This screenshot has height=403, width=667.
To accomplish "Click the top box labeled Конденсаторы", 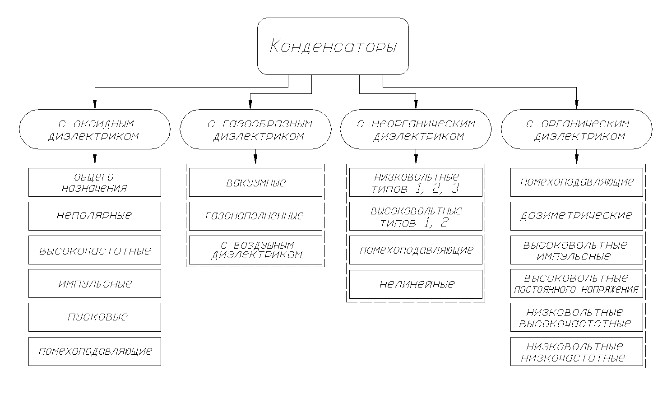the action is [x=333, y=46].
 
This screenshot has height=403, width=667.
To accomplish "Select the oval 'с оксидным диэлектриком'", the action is [x=95, y=129].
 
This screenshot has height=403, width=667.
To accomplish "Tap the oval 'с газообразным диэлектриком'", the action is [x=255, y=129].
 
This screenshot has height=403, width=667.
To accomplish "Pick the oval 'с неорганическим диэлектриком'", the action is [x=416, y=129].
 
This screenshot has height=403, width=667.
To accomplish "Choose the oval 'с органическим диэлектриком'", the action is [x=577, y=129].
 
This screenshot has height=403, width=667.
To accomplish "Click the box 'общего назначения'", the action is [x=95, y=182].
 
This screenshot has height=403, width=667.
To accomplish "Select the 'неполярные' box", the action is [x=95, y=216].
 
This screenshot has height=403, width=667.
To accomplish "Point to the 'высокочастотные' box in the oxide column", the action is [x=95, y=250].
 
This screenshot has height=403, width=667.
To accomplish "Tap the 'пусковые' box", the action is [x=95, y=317].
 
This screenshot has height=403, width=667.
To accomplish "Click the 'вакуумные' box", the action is [x=255, y=182].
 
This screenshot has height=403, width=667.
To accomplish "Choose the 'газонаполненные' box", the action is [x=255, y=216].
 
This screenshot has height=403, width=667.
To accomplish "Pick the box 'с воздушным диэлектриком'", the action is [x=255, y=250].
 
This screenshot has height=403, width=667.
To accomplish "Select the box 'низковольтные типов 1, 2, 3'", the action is [x=416, y=182].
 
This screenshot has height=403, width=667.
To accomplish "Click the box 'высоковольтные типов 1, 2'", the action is [x=416, y=216].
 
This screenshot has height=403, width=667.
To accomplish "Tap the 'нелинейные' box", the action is [x=416, y=284].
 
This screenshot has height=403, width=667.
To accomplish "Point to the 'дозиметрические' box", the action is [x=577, y=216].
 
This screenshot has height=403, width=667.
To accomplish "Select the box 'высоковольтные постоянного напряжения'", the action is [x=577, y=283].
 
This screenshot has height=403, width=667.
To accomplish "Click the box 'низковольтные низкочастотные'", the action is [x=577, y=352].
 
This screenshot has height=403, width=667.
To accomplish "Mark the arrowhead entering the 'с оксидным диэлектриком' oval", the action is [x=95, y=105].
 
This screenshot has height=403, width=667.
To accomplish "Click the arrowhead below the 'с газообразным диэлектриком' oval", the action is [x=255, y=159].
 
